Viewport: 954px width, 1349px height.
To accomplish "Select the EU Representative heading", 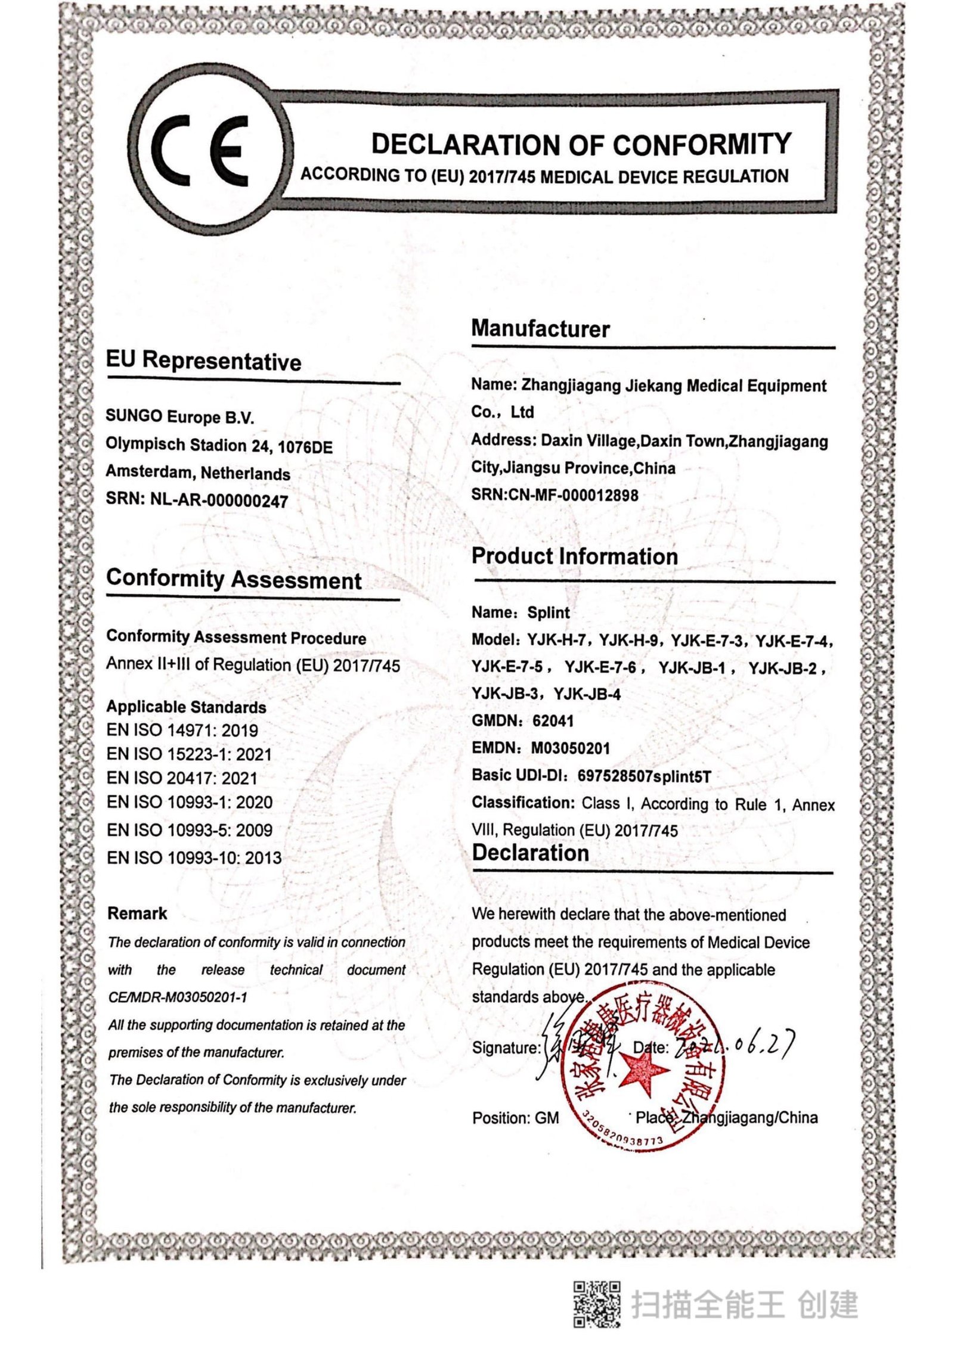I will tap(203, 362).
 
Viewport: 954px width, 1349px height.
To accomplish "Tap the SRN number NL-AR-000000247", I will tap(219, 501).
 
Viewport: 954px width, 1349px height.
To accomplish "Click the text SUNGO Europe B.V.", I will tap(179, 416).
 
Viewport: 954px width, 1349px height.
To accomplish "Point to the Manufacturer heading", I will tap(540, 329).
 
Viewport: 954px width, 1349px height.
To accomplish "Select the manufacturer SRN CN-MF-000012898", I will tap(573, 495).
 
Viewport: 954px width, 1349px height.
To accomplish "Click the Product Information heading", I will tap(574, 557).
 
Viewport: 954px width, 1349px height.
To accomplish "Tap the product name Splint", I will tap(548, 613).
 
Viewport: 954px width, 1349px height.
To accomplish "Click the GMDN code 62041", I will tap(553, 721).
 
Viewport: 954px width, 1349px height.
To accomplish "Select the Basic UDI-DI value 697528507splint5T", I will tap(644, 776).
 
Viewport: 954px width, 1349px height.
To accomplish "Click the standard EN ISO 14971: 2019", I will tap(182, 731).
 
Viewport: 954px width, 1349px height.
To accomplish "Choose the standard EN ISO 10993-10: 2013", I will tap(194, 858).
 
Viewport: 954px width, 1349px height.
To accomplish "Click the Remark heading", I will tap(137, 913).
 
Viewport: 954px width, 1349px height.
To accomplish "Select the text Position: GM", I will tap(515, 1118).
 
